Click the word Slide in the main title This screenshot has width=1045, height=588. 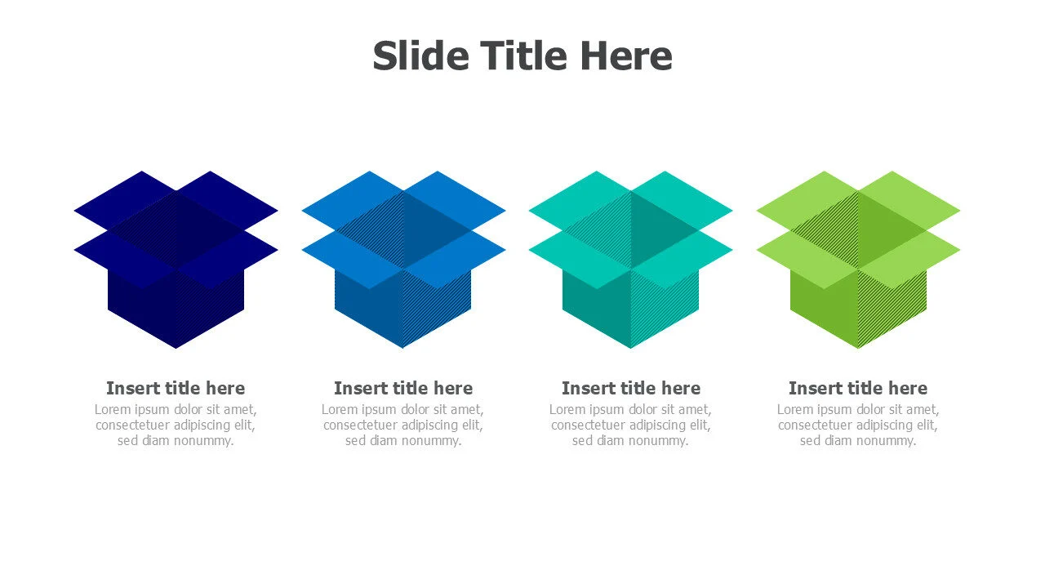pyautogui.click(x=420, y=56)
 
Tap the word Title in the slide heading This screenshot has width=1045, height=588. pyautogui.click(x=523, y=56)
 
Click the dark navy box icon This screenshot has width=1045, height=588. pyautogui.click(x=176, y=260)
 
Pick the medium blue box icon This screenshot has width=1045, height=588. pyautogui.click(x=403, y=260)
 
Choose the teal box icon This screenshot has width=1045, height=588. pyautogui.click(x=631, y=260)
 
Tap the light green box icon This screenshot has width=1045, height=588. pyautogui.click(x=858, y=260)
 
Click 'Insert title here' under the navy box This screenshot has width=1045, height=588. pyautogui.click(x=176, y=388)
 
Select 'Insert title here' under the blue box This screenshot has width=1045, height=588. pyautogui.click(x=403, y=388)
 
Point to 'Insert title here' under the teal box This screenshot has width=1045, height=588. pyautogui.click(x=631, y=388)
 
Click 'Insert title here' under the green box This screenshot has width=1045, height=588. pyautogui.click(x=858, y=388)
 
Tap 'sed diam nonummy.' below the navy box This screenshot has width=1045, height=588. pyautogui.click(x=176, y=440)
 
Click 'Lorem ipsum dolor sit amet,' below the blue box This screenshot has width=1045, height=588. pyautogui.click(x=402, y=410)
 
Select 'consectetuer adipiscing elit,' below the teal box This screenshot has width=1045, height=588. pyautogui.click(x=631, y=425)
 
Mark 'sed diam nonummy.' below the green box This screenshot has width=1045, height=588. pyautogui.click(x=858, y=440)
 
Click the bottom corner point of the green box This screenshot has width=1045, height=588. pyautogui.click(x=858, y=348)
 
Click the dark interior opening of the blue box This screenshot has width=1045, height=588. pyautogui.click(x=403, y=229)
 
